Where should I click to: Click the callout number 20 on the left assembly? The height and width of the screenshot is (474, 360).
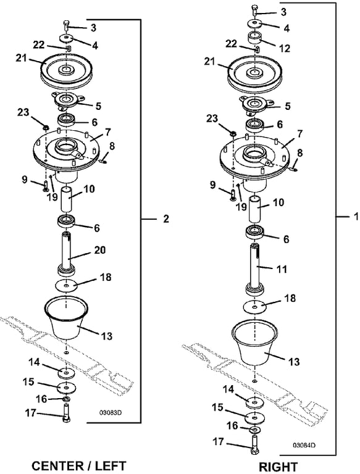click(x=100, y=251)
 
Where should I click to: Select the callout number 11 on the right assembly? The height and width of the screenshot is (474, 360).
click(x=282, y=269)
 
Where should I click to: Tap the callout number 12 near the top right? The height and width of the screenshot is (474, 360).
click(x=285, y=48)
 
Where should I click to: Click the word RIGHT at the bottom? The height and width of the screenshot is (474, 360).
click(x=278, y=467)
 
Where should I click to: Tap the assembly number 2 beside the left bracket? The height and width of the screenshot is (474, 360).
click(x=166, y=219)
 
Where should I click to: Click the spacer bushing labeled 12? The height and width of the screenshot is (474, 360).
click(x=255, y=38)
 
